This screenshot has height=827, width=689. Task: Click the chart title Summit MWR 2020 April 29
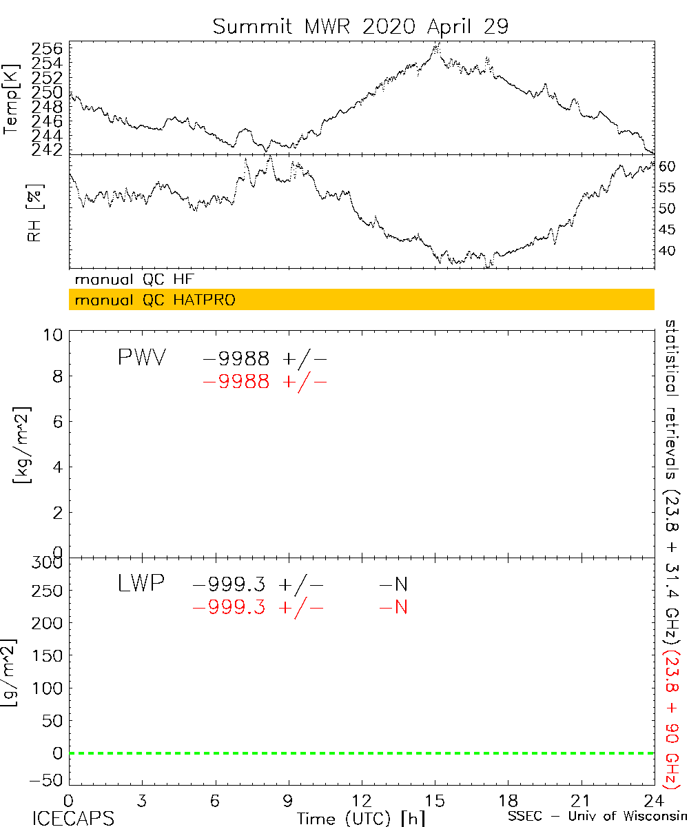point(360,26)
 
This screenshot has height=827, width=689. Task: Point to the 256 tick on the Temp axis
point(48,49)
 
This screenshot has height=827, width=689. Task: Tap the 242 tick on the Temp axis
point(48,150)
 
